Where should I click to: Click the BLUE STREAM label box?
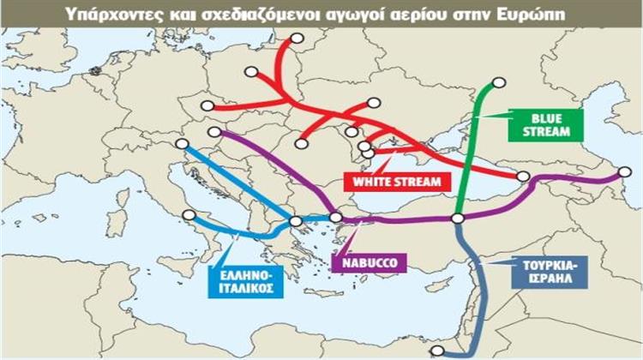pos(545,125)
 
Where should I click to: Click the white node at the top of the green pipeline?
pos(499,82)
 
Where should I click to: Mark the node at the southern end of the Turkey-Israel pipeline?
pos(436,351)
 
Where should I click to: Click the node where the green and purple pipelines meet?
pos(458,219)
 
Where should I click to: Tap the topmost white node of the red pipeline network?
pos(297,38)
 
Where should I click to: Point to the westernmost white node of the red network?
pos(207,105)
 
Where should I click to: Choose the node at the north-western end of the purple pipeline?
pos(214,132)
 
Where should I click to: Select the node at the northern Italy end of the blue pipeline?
pos(181,144)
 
